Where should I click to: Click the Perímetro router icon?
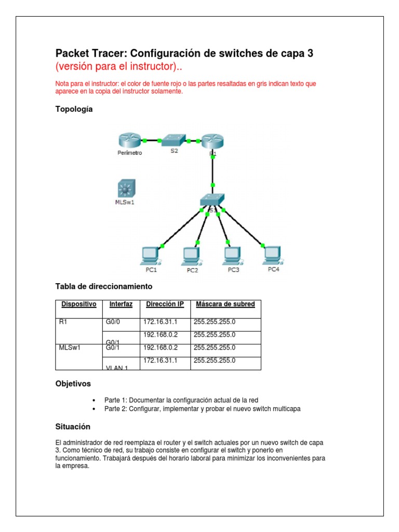pyautogui.click(x=128, y=140)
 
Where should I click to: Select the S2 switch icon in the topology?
pyautogui.click(x=173, y=140)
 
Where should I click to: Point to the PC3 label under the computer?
pyautogui.click(x=233, y=270)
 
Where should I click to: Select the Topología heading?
pyautogui.click(x=74, y=109)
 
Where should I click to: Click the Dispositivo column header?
pyautogui.click(x=78, y=304)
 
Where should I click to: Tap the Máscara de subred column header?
pyautogui.click(x=224, y=304)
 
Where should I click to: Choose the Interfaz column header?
pyautogui.click(x=121, y=304)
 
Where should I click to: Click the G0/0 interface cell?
pyautogui.click(x=112, y=322)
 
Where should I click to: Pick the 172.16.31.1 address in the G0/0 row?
pyautogui.click(x=160, y=322)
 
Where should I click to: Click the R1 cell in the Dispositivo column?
pyautogui.click(x=63, y=322)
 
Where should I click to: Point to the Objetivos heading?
pyautogui.click(x=73, y=384)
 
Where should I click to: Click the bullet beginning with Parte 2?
pyautogui.click(x=202, y=409)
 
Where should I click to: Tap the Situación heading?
pyautogui.click(x=73, y=427)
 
